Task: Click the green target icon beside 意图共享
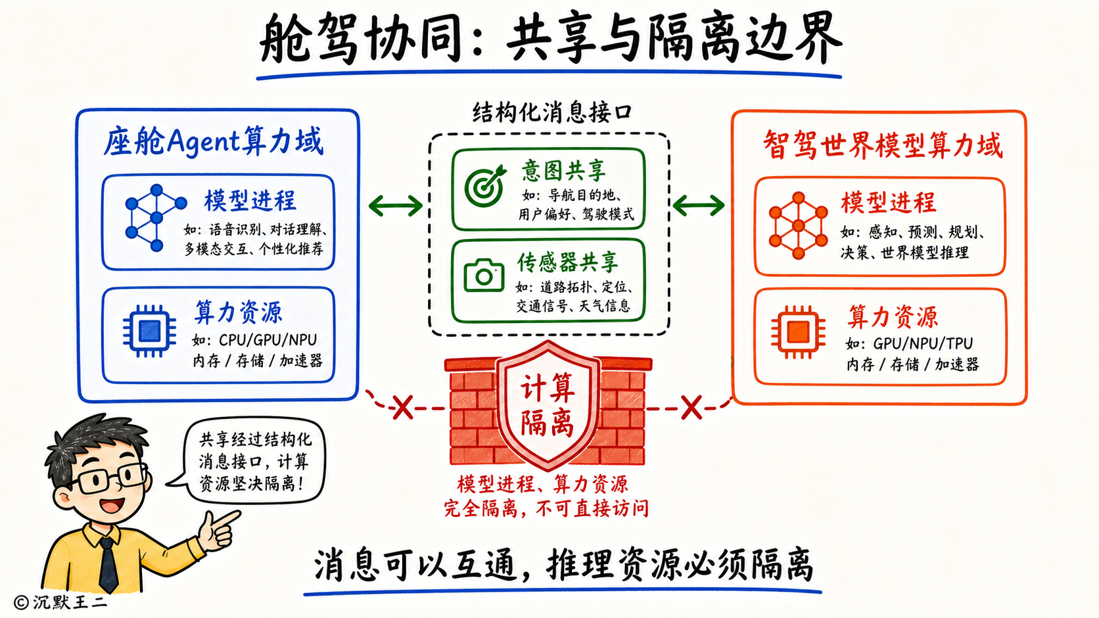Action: pos(484,186)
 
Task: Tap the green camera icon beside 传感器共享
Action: pos(484,275)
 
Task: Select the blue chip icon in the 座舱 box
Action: pos(150,331)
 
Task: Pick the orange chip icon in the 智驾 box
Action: pos(798,332)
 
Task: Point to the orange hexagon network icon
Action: pos(798,225)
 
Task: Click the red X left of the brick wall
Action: pos(403,407)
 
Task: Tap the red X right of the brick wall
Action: pos(691,408)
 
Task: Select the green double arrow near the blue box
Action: pos(396,206)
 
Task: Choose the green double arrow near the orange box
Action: pos(699,205)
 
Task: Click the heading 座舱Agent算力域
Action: pos(214,141)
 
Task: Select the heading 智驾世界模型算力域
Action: pos(883,144)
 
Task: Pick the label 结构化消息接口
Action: pos(551,113)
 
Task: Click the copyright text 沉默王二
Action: pos(70,602)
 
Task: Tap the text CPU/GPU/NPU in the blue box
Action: pos(268,340)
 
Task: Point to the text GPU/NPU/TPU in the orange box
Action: pos(923,343)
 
